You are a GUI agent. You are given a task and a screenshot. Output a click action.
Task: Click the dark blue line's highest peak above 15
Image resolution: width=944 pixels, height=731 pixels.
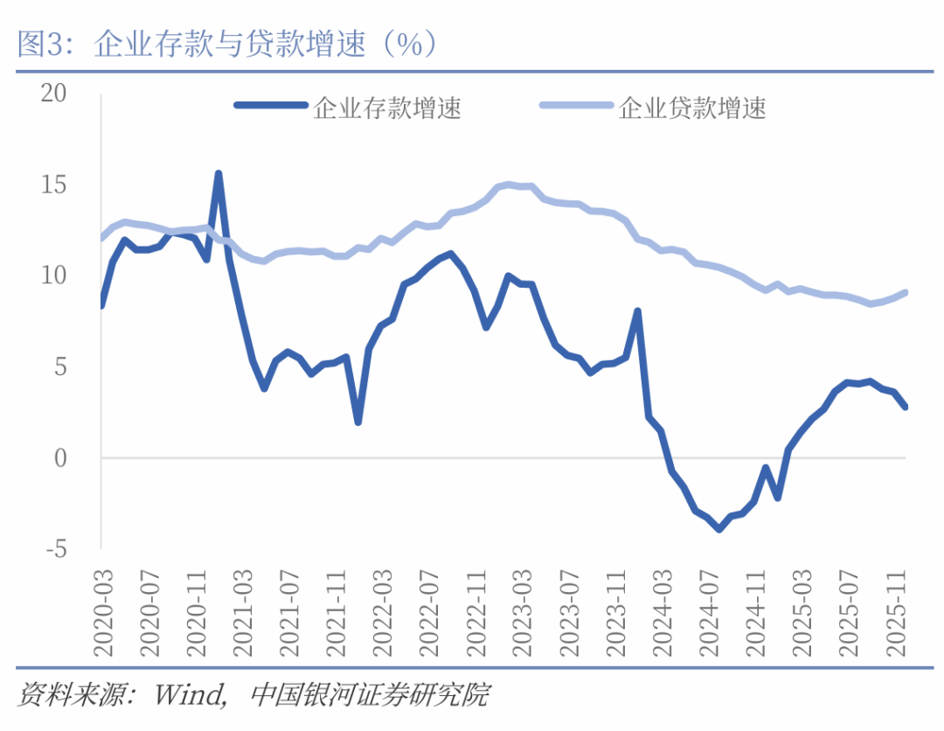(x=218, y=173)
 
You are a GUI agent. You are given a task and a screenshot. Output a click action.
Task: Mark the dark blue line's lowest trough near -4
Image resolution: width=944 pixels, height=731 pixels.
(x=718, y=529)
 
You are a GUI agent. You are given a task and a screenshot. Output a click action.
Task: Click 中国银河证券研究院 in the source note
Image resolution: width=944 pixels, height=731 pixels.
(x=370, y=696)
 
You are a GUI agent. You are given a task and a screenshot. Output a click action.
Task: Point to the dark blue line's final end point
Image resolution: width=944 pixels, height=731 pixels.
(x=906, y=407)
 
